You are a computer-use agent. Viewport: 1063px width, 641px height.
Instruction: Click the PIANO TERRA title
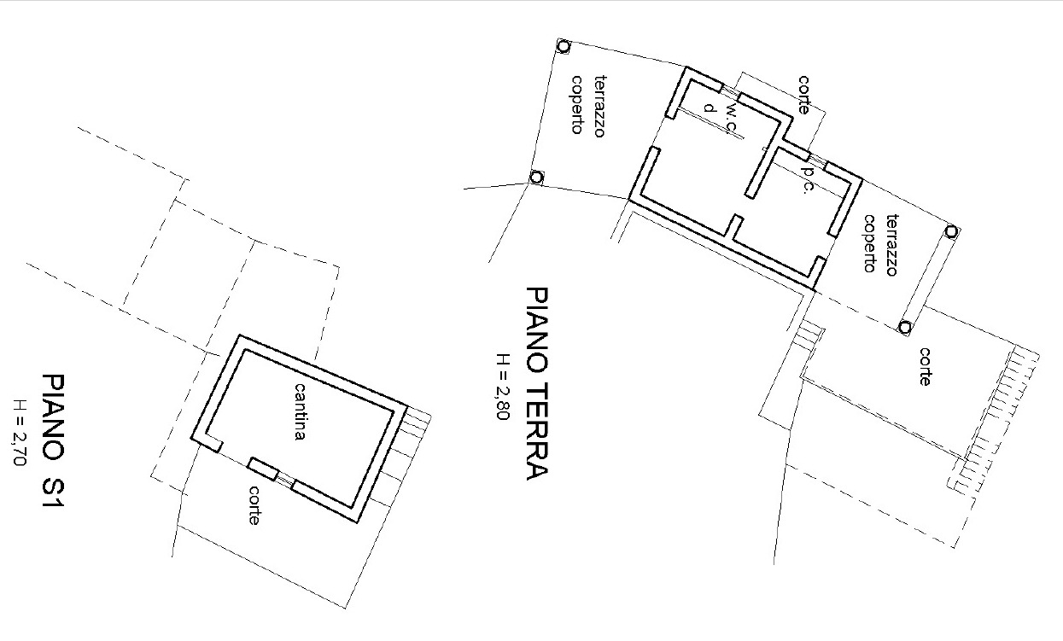click(x=537, y=383)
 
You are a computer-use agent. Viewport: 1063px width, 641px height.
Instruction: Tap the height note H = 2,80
click(x=503, y=387)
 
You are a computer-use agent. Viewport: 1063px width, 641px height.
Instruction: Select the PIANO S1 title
click(x=53, y=440)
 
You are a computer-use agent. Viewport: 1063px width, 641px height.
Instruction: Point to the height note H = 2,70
click(x=20, y=433)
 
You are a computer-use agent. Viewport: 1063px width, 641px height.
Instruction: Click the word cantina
click(x=301, y=412)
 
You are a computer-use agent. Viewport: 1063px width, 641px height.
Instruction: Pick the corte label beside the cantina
click(x=254, y=505)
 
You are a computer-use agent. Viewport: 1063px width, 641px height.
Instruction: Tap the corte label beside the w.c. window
click(x=803, y=95)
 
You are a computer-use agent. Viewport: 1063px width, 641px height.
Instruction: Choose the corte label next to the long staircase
click(x=925, y=367)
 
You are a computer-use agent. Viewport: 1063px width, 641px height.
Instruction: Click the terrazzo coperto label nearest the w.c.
click(x=588, y=105)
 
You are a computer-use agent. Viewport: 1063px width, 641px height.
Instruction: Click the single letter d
click(x=709, y=108)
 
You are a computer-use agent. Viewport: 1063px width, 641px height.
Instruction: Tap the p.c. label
click(x=807, y=180)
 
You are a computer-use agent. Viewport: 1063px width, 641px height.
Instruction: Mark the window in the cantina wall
click(x=284, y=481)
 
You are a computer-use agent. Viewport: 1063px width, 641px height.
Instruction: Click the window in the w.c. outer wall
click(x=730, y=91)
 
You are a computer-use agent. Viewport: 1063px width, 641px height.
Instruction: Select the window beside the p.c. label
click(x=817, y=160)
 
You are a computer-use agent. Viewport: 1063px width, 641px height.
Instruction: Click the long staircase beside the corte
click(x=994, y=422)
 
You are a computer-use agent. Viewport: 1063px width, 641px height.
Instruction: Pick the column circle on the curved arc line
click(x=536, y=178)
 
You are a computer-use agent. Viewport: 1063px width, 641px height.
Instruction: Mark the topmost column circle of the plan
click(x=564, y=46)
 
